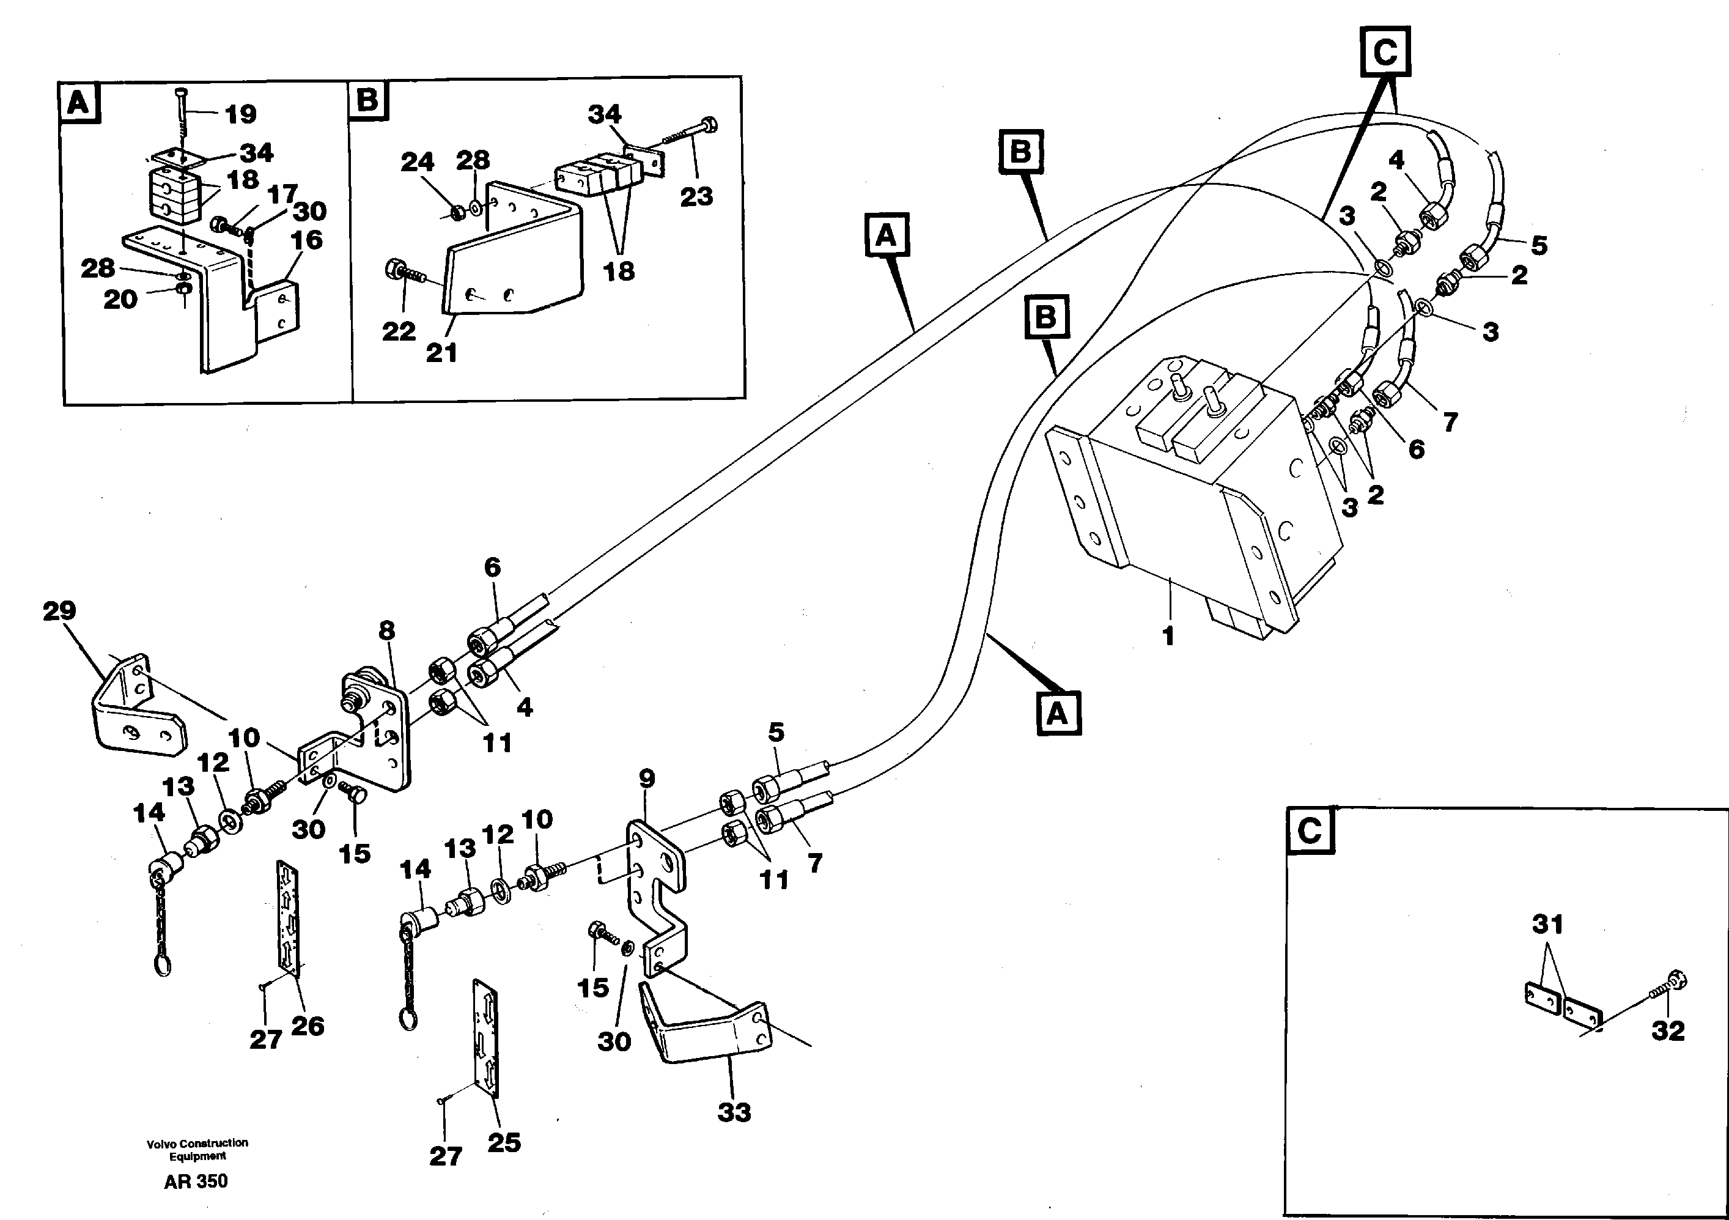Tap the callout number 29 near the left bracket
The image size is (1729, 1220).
click(x=59, y=610)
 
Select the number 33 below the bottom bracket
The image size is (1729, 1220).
click(x=734, y=1112)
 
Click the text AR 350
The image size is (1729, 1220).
click(x=196, y=1181)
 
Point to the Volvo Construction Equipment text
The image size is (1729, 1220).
click(x=197, y=1150)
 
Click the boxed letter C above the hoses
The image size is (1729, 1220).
click(x=1385, y=52)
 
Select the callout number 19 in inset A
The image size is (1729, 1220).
click(x=241, y=114)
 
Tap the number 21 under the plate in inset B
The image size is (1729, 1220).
click(x=441, y=352)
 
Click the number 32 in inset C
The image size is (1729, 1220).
click(x=1667, y=1031)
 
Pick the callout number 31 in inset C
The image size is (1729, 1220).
click(x=1547, y=924)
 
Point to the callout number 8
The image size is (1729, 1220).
click(x=386, y=630)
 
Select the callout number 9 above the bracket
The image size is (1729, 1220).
click(x=647, y=778)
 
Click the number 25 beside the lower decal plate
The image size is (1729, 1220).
click(x=504, y=1142)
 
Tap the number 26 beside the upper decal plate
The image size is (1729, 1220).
click(x=308, y=1026)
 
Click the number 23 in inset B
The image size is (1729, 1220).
click(x=696, y=196)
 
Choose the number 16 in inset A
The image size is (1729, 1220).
click(x=306, y=240)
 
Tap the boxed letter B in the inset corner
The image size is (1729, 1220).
click(x=368, y=100)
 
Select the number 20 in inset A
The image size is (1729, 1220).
click(x=120, y=300)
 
